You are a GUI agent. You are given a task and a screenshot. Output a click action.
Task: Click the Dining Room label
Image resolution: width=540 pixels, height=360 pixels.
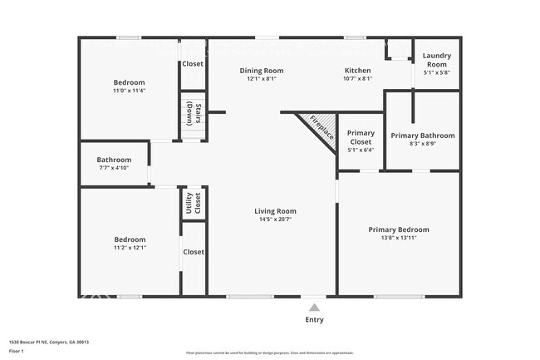pos(262,71)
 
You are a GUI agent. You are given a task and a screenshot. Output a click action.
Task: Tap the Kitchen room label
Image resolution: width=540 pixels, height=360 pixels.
pos(357,71)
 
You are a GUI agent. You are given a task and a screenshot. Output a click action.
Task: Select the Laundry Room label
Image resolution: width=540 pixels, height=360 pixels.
pos(436,60)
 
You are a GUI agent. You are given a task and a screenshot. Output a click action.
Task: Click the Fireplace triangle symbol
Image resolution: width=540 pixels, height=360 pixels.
pos(316,127)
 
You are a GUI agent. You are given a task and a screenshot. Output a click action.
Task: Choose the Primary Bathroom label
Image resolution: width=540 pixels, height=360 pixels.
pos(423,136)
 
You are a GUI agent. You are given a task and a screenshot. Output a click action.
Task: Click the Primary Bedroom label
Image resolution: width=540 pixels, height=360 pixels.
pos(399,229)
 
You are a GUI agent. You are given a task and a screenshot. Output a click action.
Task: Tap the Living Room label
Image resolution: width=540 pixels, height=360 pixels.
pos(275,211)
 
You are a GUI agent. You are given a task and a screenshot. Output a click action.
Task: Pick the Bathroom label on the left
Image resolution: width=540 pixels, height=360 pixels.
pos(114,160)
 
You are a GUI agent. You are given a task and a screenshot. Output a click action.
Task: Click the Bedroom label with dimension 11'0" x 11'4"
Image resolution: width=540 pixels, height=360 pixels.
pos(129,82)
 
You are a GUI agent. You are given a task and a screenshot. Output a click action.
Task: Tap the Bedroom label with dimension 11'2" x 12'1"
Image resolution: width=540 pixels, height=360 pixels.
pos(130,239)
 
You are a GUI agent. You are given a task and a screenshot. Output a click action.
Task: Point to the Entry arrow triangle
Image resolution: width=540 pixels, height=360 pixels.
pos(314,308)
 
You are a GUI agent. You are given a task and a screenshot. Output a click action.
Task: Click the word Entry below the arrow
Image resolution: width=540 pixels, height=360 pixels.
pos(314,320)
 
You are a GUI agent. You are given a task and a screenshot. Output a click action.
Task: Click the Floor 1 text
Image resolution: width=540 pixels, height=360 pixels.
pos(17,351)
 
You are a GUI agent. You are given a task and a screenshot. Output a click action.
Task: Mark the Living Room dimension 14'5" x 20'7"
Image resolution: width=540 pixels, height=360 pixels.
pos(275,220)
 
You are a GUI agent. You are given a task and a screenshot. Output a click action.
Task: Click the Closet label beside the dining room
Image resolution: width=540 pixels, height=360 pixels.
pos(193,63)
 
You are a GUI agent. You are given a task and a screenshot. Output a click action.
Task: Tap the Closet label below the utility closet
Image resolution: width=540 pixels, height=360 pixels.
pos(194,252)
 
